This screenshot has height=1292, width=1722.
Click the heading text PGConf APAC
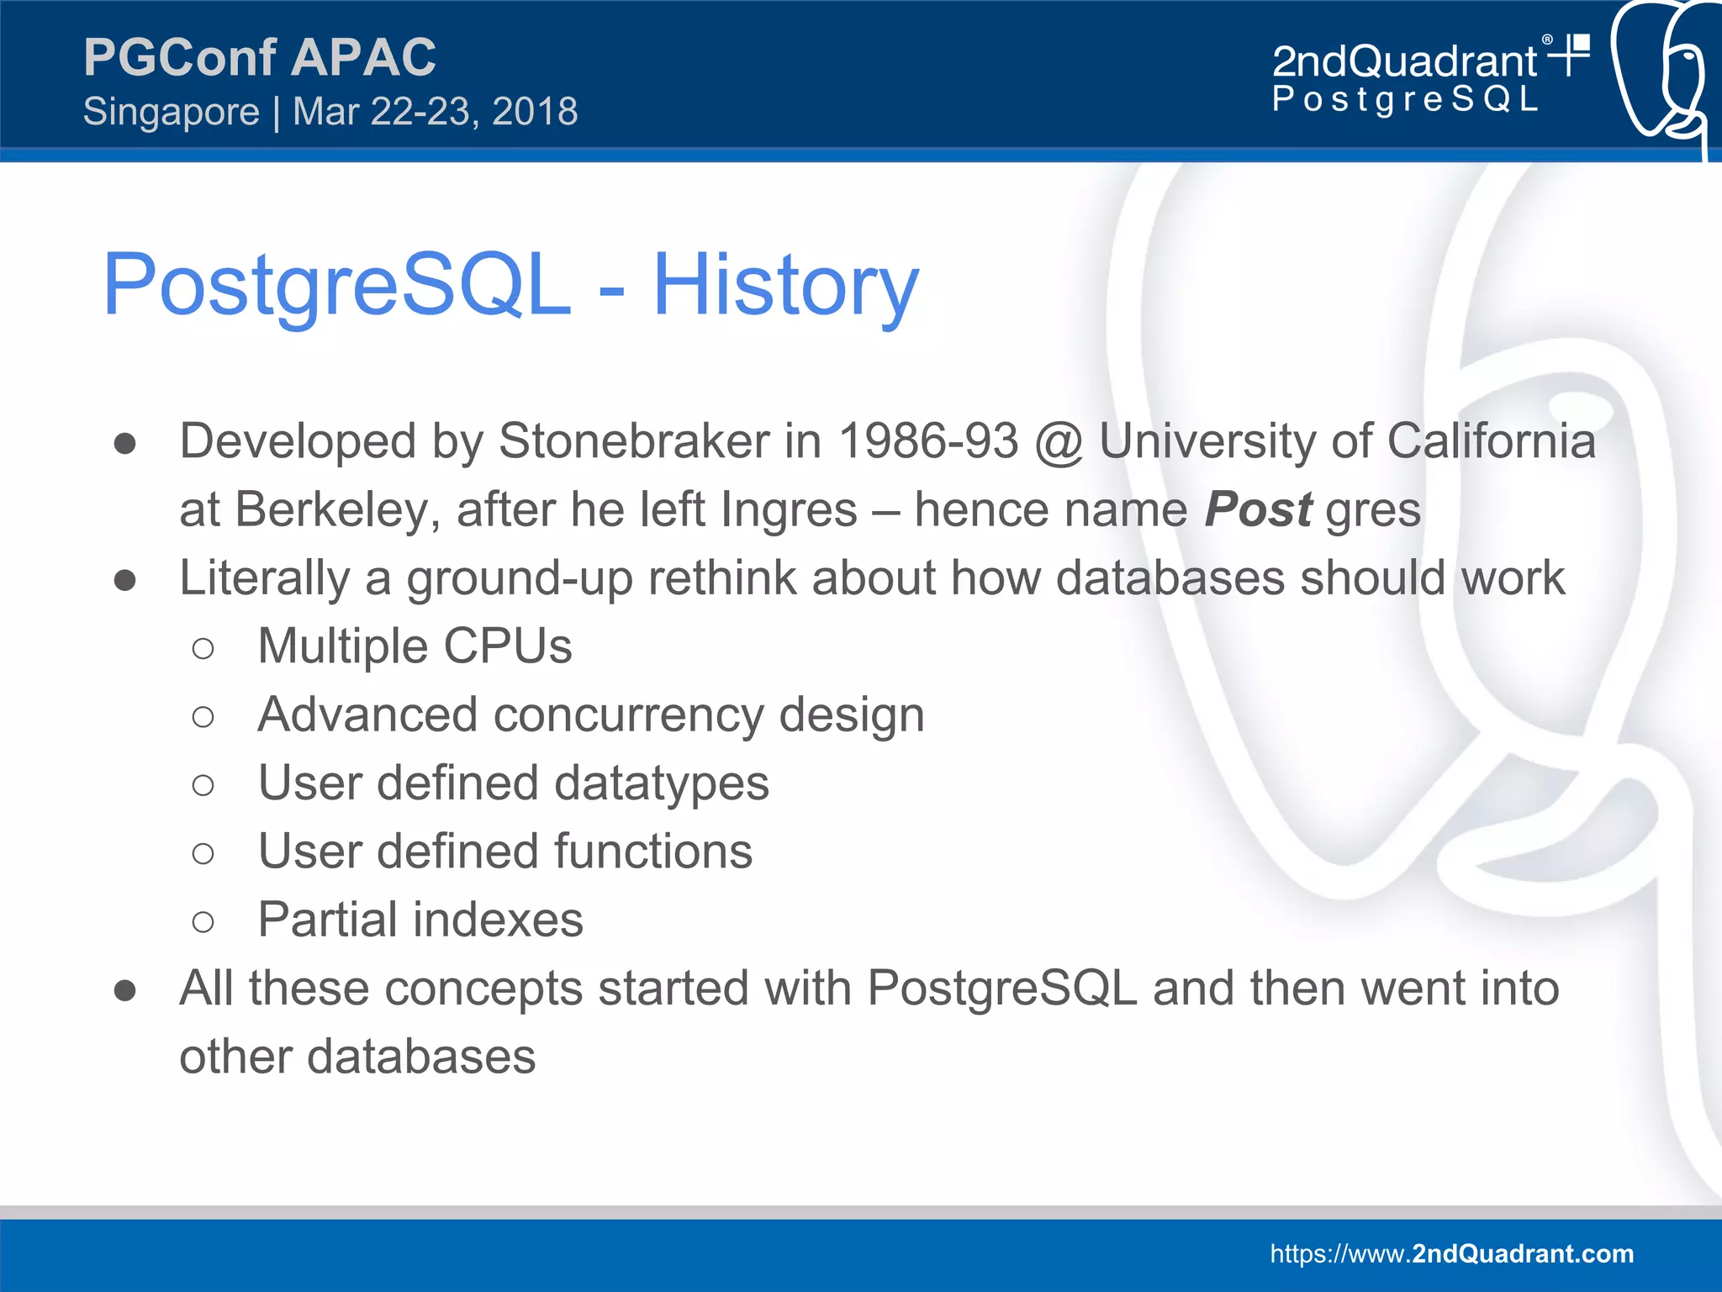click(x=259, y=57)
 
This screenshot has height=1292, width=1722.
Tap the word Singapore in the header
click(x=172, y=112)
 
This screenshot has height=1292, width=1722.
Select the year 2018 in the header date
click(x=535, y=112)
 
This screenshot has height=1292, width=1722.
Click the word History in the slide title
click(x=785, y=286)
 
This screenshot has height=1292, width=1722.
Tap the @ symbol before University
click(x=1059, y=442)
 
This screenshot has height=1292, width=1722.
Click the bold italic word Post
click(x=1257, y=509)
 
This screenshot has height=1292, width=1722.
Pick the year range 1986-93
click(x=928, y=440)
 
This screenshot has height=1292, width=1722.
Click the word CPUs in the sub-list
click(x=507, y=646)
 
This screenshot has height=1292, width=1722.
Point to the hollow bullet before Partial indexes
click(x=203, y=922)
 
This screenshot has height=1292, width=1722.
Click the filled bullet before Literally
click(x=125, y=580)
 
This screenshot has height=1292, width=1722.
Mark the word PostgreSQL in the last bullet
click(x=1001, y=988)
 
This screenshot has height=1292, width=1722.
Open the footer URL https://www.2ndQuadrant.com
click(x=1451, y=1253)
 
